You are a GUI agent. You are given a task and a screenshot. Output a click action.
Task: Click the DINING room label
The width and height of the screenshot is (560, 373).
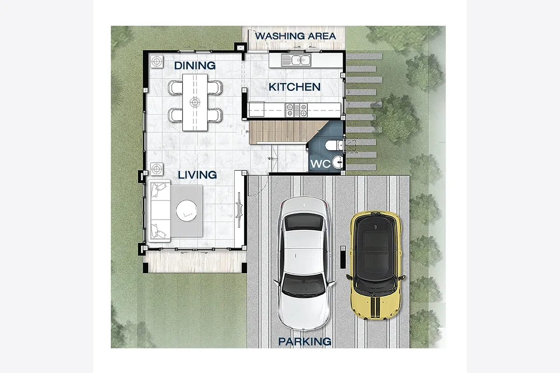coord(195,65)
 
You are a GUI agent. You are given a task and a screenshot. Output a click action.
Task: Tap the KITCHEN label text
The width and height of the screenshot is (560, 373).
coord(294,87)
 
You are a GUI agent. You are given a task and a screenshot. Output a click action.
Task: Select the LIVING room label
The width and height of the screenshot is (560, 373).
coord(197,175)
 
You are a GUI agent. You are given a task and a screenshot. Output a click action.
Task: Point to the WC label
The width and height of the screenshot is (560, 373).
coord(320,164)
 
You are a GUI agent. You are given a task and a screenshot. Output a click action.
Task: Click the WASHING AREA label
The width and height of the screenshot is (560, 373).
coord(295,36)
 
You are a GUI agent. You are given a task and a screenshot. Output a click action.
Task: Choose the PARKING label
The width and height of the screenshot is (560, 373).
coord(305,341)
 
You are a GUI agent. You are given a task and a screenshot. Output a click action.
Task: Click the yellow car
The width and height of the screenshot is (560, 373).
coord(375,265)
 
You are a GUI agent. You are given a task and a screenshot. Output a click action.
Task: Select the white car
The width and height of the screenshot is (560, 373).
coord(304,263)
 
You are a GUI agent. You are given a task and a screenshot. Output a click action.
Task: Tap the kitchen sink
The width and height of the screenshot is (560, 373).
coord(296,60)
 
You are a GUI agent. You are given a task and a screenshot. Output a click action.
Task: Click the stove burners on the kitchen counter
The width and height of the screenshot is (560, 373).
coord(296,110)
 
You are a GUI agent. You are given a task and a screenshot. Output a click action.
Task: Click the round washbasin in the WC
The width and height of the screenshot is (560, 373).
coord(337,162)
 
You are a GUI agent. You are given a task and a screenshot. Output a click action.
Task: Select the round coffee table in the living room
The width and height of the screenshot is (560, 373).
coord(186,210)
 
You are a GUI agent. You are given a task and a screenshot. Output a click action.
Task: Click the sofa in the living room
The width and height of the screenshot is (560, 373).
coord(160,211)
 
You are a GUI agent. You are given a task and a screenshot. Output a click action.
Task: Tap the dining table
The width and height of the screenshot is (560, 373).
coord(195,102)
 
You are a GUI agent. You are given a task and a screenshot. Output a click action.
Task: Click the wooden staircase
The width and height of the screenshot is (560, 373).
coord(287,132)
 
